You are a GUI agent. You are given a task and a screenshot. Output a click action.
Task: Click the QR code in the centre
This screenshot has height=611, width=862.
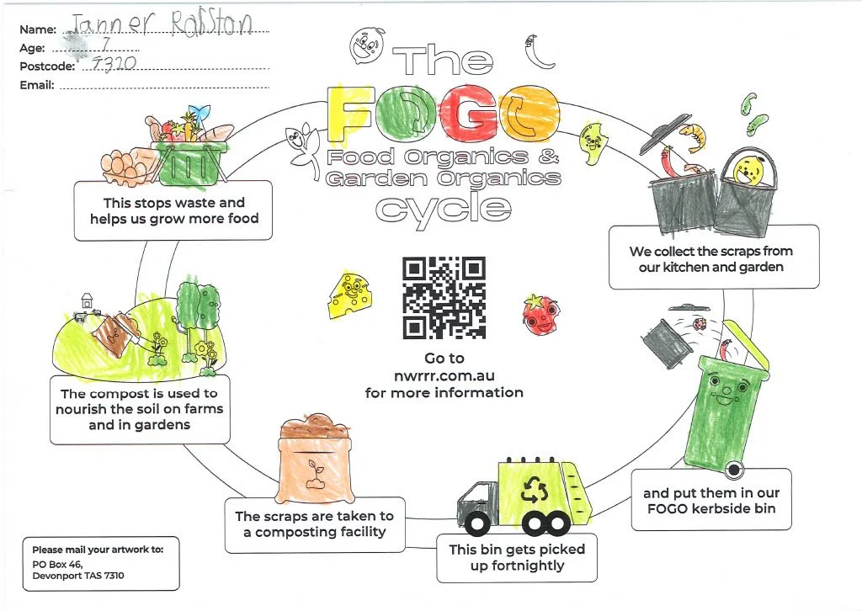(x=444, y=297)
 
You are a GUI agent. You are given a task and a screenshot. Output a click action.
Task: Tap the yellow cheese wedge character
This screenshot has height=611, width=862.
(x=346, y=291)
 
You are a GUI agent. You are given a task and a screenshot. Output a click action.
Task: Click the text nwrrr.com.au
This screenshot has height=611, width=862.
(x=444, y=375)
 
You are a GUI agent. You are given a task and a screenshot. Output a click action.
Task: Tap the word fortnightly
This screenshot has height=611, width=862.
(x=517, y=566)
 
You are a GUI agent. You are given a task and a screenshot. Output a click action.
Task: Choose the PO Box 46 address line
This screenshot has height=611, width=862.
(x=57, y=564)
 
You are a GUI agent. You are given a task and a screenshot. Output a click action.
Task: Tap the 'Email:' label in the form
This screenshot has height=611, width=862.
(x=37, y=85)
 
